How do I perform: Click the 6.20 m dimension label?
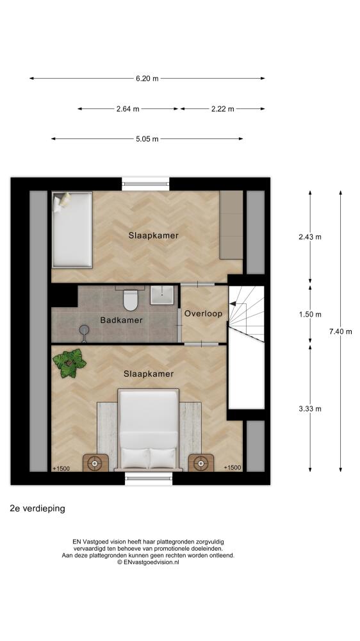click(147, 78)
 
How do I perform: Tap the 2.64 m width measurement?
click(127, 109)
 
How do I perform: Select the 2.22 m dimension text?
click(223, 109)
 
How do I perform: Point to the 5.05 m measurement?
click(147, 139)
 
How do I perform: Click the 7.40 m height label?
click(340, 331)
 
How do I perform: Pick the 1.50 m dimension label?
click(310, 314)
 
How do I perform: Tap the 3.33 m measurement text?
click(310, 409)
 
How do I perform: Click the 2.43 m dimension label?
click(310, 237)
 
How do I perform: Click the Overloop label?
click(203, 313)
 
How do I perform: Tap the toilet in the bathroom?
click(130, 299)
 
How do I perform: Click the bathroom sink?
click(162, 295)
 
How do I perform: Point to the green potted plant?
click(69, 363)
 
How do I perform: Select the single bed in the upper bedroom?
click(72, 229)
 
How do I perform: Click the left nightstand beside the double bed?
click(95, 463)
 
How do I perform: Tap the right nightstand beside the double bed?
click(201, 463)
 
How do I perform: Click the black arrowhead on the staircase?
click(233, 304)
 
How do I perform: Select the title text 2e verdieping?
click(38, 508)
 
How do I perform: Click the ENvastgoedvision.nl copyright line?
click(148, 562)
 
